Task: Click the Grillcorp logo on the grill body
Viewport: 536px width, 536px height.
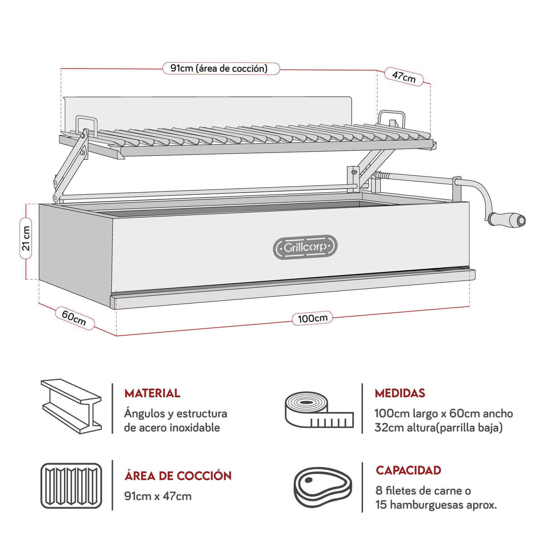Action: (305, 247)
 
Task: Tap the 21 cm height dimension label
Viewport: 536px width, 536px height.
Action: (26, 238)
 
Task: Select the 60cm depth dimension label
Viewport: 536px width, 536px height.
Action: (74, 318)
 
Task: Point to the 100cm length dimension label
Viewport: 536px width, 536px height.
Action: (312, 318)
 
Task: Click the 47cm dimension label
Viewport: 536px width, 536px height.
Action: (404, 76)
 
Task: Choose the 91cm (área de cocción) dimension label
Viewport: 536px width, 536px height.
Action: (220, 68)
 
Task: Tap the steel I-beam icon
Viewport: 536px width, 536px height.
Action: (71, 406)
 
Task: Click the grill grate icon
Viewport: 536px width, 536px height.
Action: (71, 486)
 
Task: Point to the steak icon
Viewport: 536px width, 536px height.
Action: (323, 486)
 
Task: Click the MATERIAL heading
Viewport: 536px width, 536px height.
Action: (152, 393)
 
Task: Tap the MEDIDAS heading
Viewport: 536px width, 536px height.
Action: (400, 393)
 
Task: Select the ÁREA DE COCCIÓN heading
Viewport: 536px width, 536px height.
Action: (178, 476)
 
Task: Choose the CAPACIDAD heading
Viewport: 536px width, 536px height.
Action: (408, 470)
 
